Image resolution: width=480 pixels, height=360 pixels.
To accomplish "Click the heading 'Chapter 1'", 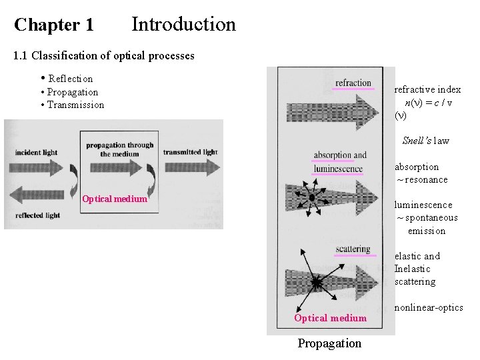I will pos(54,25).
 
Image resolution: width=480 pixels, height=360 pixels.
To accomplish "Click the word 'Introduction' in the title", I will pos(183,25).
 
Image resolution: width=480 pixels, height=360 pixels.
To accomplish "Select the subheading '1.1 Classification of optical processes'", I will pos(104,56).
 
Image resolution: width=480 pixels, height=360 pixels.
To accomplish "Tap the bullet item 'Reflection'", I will pos(70,79).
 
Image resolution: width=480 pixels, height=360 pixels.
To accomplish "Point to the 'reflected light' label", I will pos(37,215).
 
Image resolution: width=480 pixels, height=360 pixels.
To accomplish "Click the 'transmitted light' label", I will pos(190,152).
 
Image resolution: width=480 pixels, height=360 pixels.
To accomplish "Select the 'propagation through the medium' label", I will pos(120,149).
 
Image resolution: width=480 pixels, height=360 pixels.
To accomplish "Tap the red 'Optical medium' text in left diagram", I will pos(114,199).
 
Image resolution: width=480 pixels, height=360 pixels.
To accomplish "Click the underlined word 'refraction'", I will pos(353,83).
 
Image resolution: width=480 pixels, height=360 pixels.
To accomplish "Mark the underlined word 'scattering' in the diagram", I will pos(353,250).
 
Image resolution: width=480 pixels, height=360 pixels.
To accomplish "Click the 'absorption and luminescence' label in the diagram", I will pos(339,162).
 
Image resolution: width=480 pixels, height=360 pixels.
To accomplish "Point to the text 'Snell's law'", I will pos(425,141).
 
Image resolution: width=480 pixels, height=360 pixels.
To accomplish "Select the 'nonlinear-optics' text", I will pos(429,307).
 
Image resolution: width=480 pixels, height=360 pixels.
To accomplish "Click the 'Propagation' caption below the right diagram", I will pos(329,343).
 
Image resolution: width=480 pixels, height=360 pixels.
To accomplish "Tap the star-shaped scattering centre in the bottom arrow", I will pos(316,283).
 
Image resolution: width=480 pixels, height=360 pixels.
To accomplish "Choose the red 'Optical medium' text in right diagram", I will pos(330,318).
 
